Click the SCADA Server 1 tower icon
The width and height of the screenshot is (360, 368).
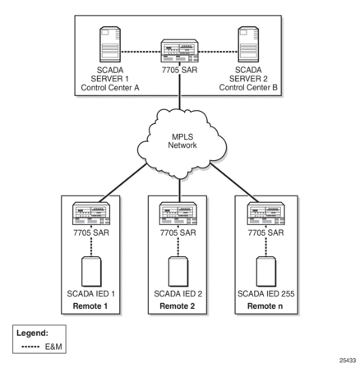(110, 44)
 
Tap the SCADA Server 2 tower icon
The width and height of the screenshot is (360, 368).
(248, 44)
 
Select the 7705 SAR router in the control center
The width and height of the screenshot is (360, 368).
(180, 51)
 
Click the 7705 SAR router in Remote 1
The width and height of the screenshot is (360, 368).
(91, 214)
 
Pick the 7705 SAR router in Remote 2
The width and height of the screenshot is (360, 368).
(178, 214)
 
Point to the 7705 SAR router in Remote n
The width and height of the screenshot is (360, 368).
(266, 214)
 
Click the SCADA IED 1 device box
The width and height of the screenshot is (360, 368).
(91, 272)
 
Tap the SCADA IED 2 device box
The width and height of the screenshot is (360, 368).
(178, 272)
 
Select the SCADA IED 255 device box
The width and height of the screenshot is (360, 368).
(266, 272)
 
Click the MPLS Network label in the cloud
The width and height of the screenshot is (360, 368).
(182, 140)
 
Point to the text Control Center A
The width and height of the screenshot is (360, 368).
(110, 88)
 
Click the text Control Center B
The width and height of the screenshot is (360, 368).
(248, 88)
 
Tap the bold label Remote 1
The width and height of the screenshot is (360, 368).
(90, 306)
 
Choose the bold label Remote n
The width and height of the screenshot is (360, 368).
(265, 306)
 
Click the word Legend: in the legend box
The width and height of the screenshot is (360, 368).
(32, 333)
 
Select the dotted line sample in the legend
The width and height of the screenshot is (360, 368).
(30, 347)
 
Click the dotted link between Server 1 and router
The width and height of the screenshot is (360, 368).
(141, 52)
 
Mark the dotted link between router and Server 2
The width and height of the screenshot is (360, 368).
(219, 52)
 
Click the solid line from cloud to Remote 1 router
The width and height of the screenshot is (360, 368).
(123, 182)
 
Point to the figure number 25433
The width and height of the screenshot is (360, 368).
(348, 361)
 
